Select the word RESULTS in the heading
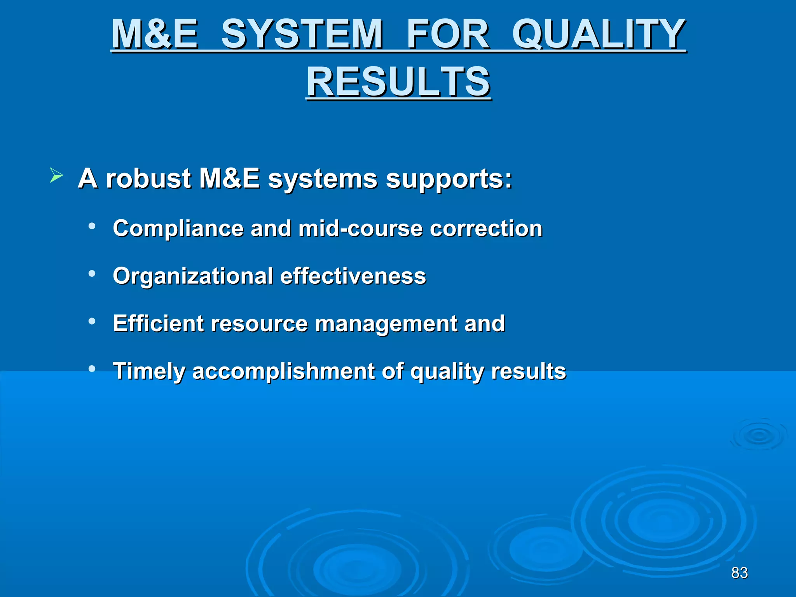tap(398, 82)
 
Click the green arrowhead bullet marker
tap(56, 176)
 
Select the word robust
tap(148, 179)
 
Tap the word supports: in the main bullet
tap(449, 180)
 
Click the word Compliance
tap(178, 229)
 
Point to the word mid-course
tap(360, 229)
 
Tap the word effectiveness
tap(353, 276)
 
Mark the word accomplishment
tap(283, 372)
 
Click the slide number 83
tap(739, 573)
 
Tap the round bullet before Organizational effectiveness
tap(92, 274)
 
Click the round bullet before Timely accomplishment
tap(92, 368)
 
